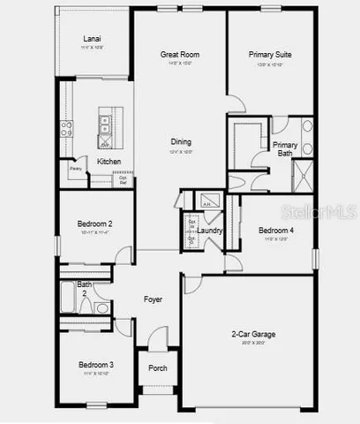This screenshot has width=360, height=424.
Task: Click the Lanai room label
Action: [92, 39]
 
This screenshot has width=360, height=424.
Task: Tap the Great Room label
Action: [179, 55]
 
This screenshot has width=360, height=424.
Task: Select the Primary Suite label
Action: [270, 55]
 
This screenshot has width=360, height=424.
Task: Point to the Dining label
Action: [181, 141]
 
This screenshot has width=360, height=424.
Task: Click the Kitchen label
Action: [109, 162]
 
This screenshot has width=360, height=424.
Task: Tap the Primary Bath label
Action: [284, 149]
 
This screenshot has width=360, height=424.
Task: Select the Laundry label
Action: [210, 231]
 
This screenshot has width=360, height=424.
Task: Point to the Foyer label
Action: [153, 299]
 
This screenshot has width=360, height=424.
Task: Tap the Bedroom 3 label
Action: [95, 364]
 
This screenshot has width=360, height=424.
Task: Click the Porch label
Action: [157, 368]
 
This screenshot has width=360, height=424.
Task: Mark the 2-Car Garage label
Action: [249, 335]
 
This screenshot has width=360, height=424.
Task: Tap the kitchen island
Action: [106, 132]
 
